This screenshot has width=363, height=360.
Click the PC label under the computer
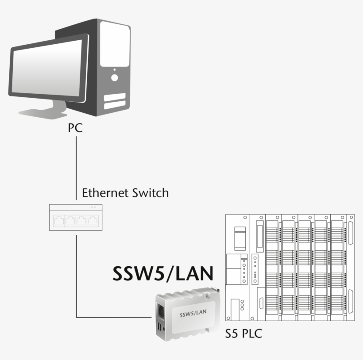click(x=75, y=128)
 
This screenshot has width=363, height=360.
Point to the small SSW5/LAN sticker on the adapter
click(x=193, y=313)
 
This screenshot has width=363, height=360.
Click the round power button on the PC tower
click(x=114, y=78)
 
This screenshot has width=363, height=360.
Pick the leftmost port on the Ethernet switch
click(x=58, y=220)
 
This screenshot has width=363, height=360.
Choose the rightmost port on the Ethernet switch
click(x=93, y=220)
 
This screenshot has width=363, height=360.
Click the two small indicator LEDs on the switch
click(x=93, y=207)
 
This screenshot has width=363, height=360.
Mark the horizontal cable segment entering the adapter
click(x=115, y=317)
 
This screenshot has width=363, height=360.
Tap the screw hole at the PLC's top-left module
click(x=243, y=218)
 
